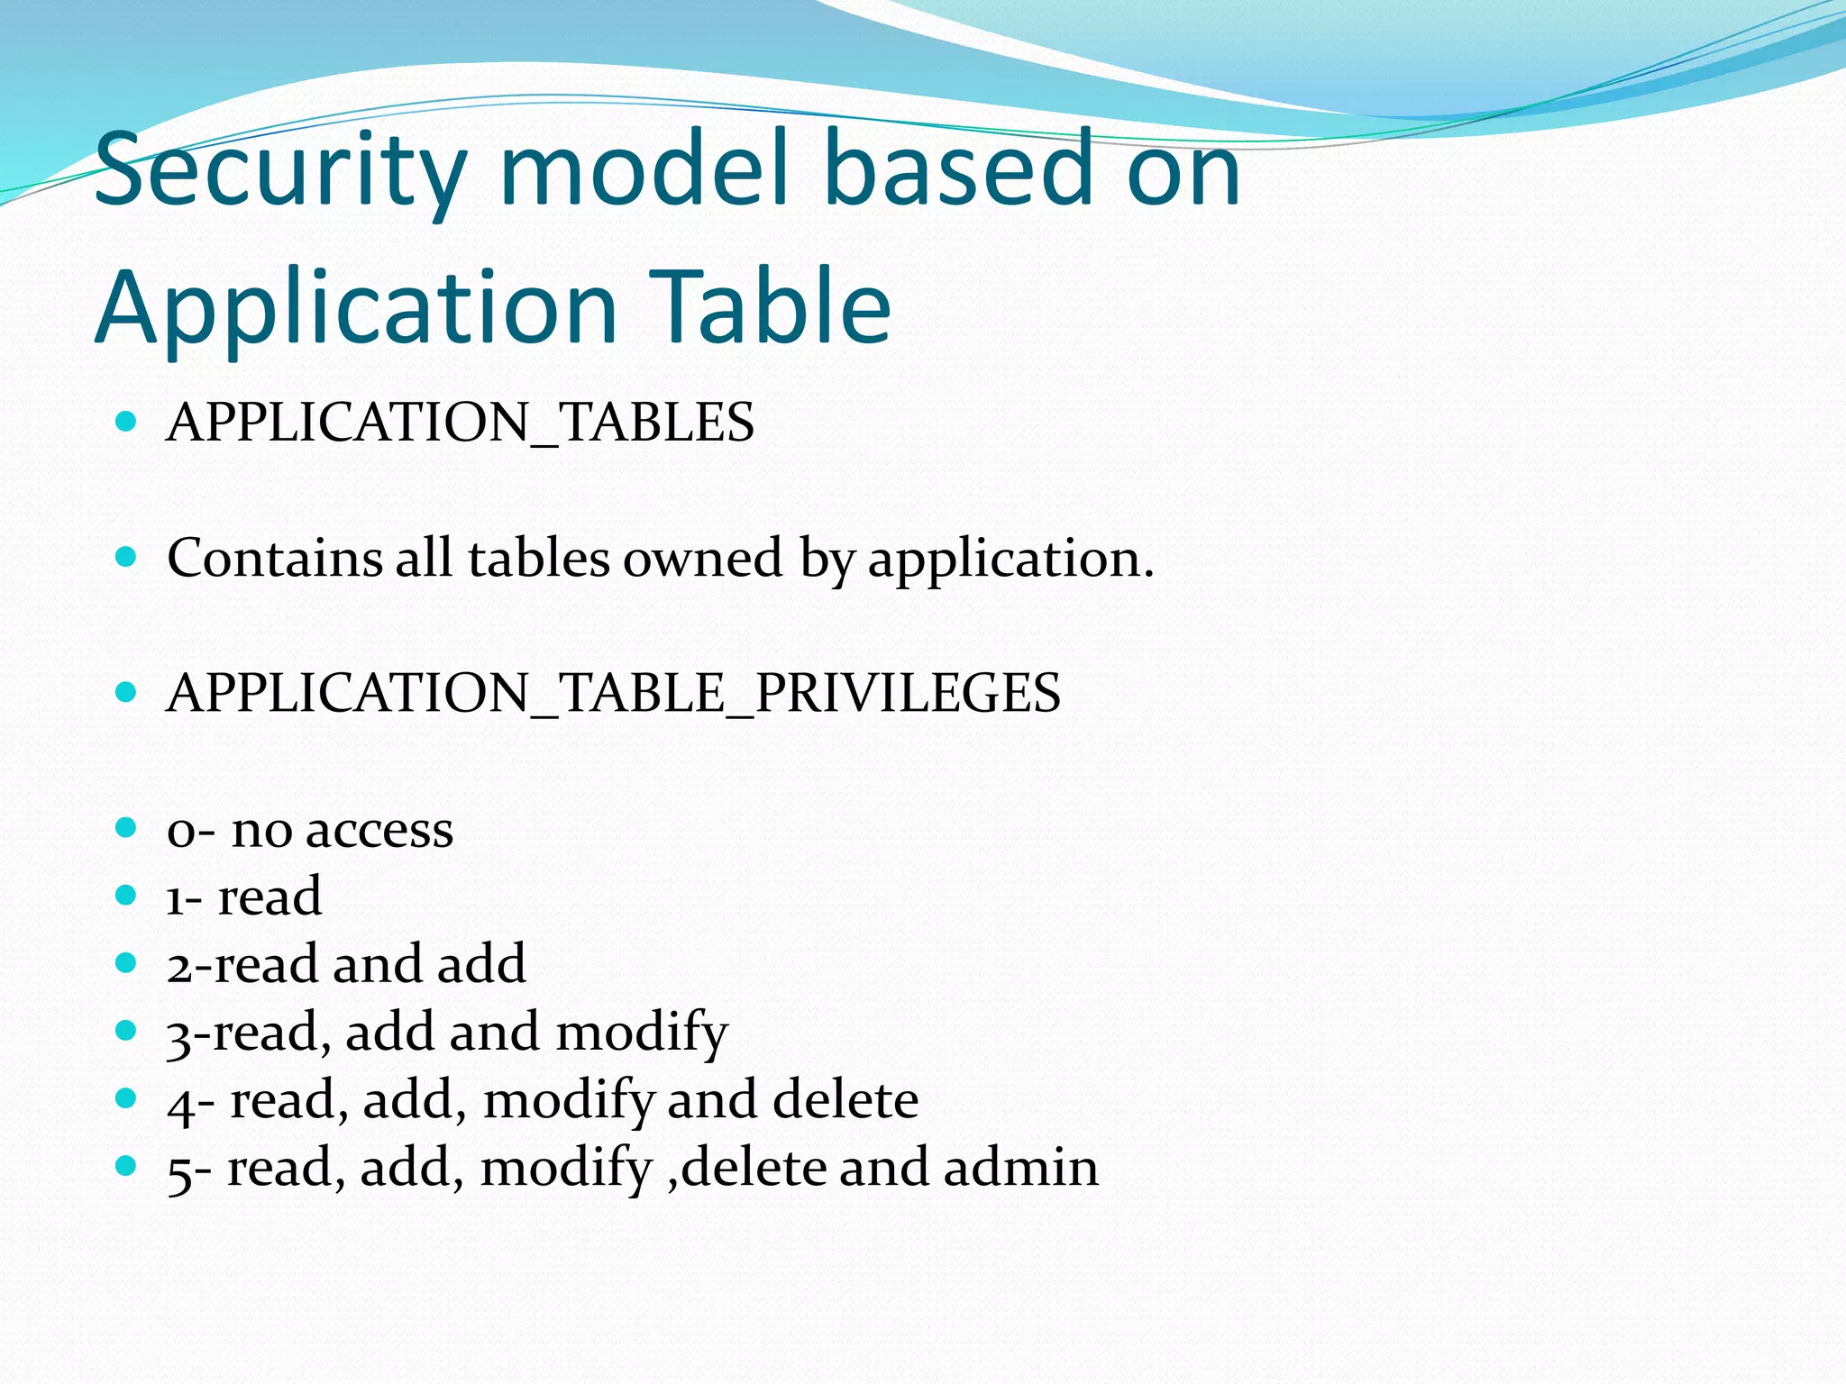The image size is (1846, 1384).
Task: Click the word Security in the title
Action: tap(280, 171)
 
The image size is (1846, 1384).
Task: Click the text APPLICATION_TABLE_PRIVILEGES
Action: tap(613, 693)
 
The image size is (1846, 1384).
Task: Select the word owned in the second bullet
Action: tap(702, 558)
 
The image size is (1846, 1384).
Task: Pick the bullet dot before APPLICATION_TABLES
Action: tap(126, 421)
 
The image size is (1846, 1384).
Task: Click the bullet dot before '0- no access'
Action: tap(126, 827)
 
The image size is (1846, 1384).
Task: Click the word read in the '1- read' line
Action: tap(270, 897)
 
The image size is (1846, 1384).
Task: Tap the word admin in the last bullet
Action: tap(1020, 1167)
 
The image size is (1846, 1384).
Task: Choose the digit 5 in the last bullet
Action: tap(178, 1170)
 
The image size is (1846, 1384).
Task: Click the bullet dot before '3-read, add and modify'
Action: tap(126, 1030)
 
